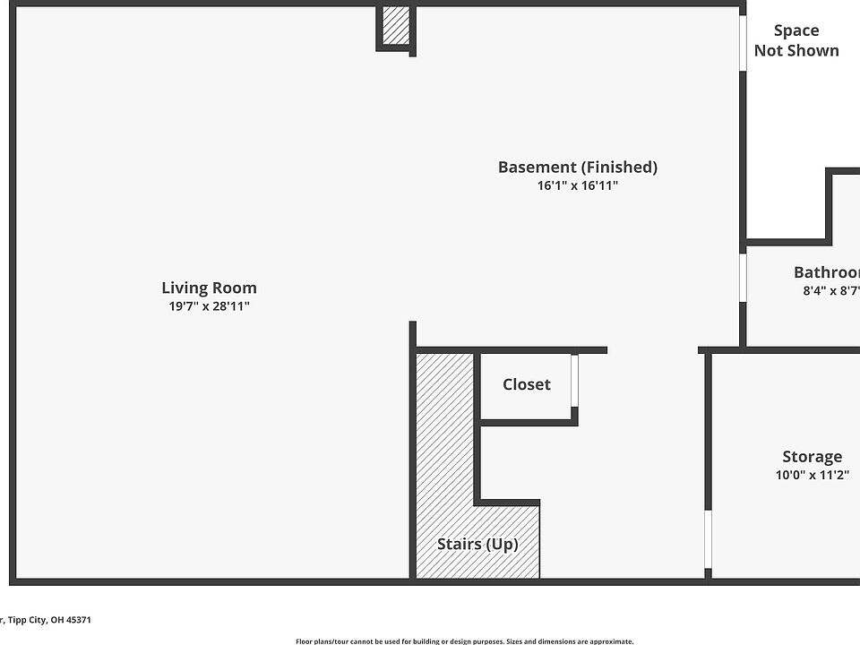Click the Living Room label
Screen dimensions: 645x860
click(209, 288)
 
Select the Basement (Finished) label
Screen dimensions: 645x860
click(577, 167)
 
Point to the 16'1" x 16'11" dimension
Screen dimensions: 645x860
click(577, 186)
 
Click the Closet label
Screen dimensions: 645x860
click(526, 384)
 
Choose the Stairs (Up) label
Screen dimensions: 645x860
click(477, 544)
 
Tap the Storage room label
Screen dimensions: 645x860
click(812, 457)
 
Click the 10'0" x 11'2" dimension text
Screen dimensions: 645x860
click(812, 476)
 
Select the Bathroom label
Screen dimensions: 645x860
click(827, 272)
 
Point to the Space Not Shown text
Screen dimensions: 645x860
click(796, 40)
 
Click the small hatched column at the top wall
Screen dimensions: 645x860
click(396, 25)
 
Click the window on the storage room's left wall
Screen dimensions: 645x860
click(708, 539)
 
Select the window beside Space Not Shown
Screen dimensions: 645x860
click(743, 42)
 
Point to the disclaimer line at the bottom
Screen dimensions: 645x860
click(464, 641)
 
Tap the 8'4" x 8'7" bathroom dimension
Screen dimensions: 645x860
click(831, 290)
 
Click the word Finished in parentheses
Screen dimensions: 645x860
click(620, 167)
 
